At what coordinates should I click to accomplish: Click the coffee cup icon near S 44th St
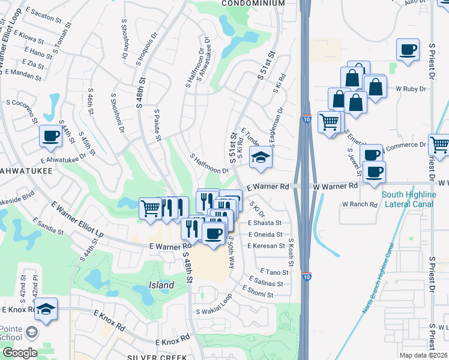click(50, 136)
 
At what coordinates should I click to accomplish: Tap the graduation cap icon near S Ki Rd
click(261, 157)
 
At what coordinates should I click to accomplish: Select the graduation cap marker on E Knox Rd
click(45, 308)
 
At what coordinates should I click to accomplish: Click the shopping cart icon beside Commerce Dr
click(439, 144)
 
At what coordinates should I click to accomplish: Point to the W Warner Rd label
click(335, 187)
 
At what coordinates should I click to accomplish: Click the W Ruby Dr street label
click(411, 88)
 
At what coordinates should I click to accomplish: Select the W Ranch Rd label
click(360, 205)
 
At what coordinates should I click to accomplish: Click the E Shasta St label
click(265, 223)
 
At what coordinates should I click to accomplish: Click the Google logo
click(19, 352)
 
